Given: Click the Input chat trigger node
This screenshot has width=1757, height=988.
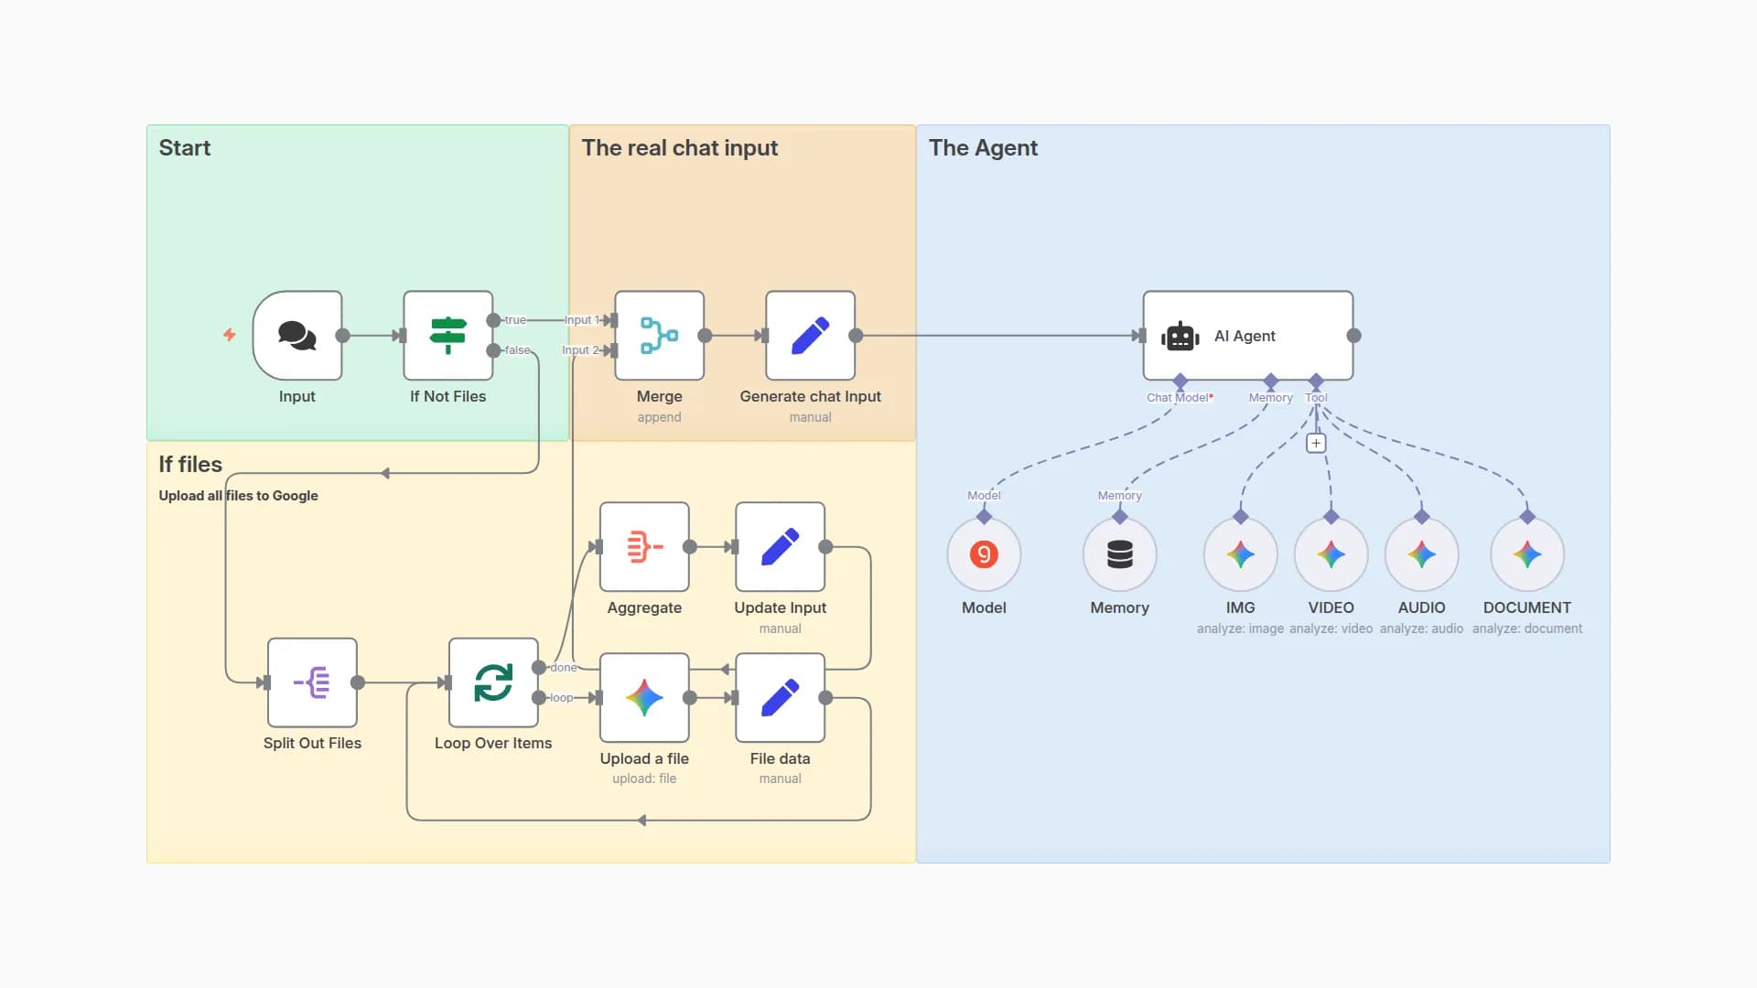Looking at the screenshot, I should point(297,336).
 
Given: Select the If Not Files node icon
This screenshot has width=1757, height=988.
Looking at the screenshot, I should point(448,336).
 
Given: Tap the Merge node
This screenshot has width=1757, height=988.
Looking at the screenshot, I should point(659,336).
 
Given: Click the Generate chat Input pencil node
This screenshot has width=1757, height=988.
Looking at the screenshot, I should point(810,336).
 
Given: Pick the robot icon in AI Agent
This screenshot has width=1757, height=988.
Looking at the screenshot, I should point(1180,337).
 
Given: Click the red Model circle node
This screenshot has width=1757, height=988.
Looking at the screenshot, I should point(984,554).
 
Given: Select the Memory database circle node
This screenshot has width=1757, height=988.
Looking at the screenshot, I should point(1119,554).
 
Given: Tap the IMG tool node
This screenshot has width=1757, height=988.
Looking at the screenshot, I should point(1240,554).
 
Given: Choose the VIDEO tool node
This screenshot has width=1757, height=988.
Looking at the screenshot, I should point(1331,554).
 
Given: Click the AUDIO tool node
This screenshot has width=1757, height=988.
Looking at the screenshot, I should point(1421,554).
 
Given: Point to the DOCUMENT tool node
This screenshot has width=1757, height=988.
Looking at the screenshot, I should point(1526,554).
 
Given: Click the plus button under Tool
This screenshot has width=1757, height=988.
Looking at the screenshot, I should point(1316,444).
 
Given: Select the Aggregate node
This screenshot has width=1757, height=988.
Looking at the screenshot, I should point(644,547).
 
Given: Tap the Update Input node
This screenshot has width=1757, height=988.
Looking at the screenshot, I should point(780,547).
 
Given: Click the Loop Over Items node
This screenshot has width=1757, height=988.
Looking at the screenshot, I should point(493,682).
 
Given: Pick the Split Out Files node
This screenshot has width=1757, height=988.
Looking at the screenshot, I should point(312,682).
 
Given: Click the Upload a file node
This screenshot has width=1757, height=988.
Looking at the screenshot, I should point(644,698).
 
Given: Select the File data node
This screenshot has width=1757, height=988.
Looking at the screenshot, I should point(780,698).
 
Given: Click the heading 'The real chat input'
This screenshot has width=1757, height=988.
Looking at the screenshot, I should point(679,148).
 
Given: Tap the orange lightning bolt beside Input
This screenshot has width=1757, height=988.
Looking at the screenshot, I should point(230,335).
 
